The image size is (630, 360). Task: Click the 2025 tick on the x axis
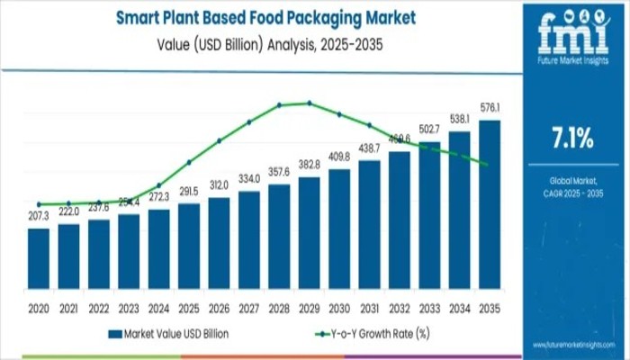pyautogui.click(x=189, y=307)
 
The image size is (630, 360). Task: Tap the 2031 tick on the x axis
pyautogui.click(x=369, y=307)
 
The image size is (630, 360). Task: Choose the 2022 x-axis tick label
pyautogui.click(x=99, y=307)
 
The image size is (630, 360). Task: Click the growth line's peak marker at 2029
pyautogui.click(x=309, y=103)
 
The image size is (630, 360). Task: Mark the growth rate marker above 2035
pyautogui.click(x=487, y=164)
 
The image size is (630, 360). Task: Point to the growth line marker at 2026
pyautogui.click(x=219, y=140)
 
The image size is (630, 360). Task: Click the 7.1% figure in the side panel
pyautogui.click(x=571, y=138)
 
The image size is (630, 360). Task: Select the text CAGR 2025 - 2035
pyautogui.click(x=571, y=193)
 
